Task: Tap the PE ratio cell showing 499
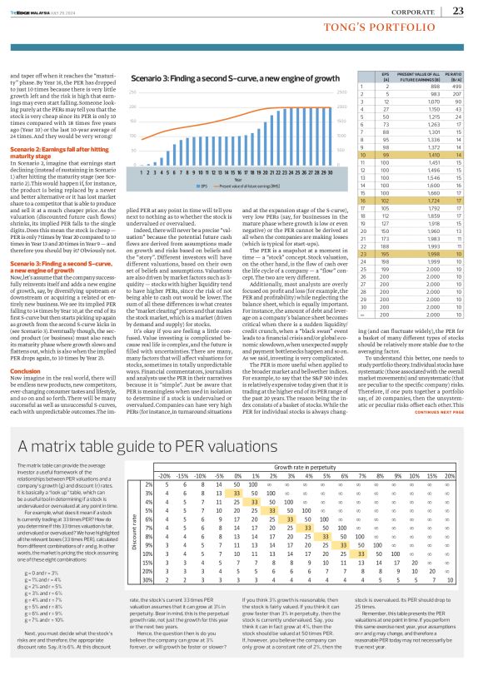(x=456, y=85)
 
